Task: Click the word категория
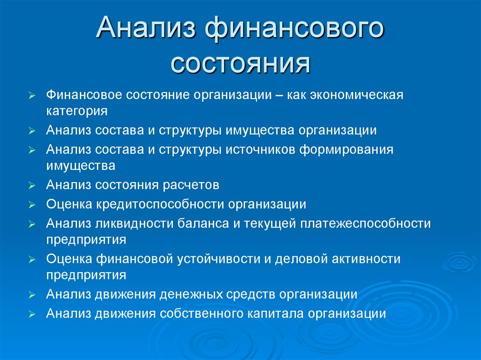[x=77, y=112]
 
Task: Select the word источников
[x=259, y=150]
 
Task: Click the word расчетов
[x=191, y=185]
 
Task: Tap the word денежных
[x=189, y=295]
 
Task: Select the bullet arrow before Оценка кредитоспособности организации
[x=31, y=205]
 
